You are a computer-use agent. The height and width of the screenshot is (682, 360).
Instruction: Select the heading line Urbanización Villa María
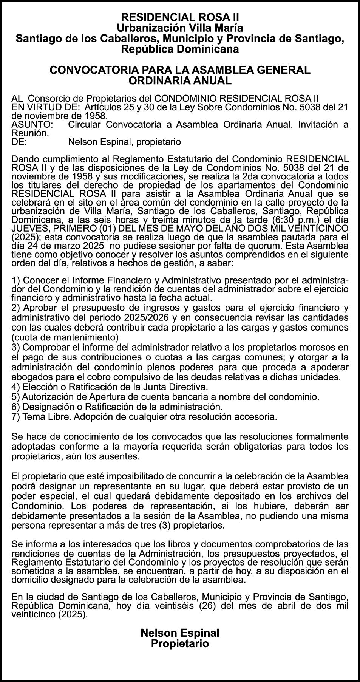[180, 28]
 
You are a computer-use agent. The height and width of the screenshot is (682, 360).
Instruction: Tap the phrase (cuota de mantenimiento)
[65, 337]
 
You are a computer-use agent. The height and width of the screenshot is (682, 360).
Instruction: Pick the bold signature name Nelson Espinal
[180, 633]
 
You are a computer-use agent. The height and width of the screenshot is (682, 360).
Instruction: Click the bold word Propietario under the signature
[180, 643]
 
